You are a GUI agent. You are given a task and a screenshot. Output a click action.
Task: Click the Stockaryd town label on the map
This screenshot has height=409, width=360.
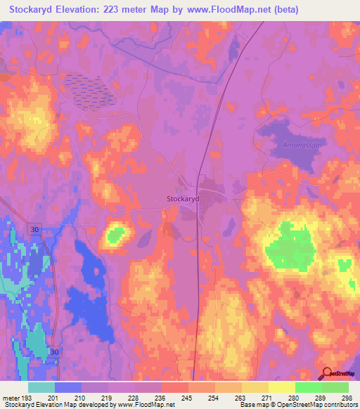coord(184,199)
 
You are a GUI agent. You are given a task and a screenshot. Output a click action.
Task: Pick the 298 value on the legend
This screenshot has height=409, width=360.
coord(345,398)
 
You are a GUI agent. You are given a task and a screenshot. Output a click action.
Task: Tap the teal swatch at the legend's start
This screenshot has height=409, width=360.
coord(41,387)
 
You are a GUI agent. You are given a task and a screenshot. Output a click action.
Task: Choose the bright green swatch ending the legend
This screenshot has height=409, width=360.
coord(335,387)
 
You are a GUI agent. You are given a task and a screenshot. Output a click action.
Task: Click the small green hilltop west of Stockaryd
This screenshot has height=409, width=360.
coord(116,233)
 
